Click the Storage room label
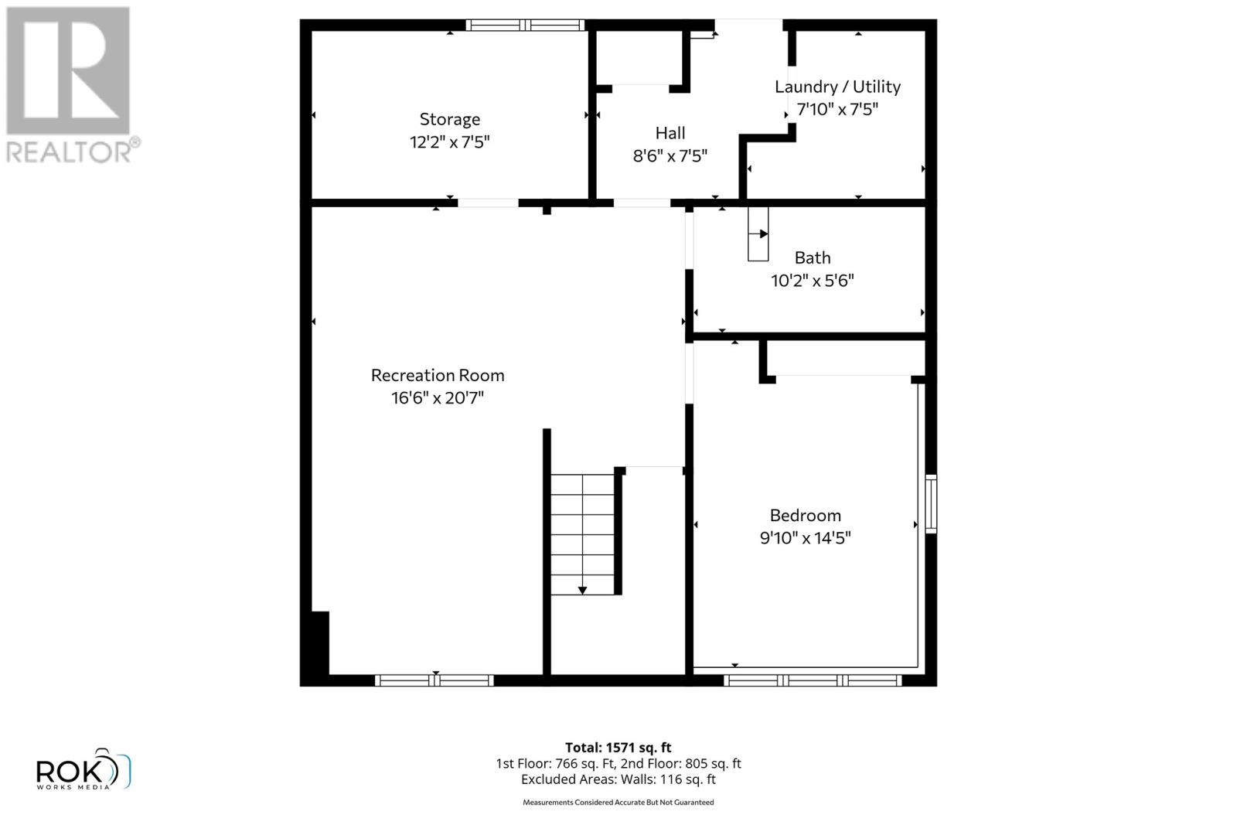[x=449, y=119]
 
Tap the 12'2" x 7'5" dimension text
[x=449, y=142]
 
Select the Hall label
[x=670, y=133]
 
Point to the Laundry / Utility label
[x=837, y=87]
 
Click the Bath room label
[x=812, y=257]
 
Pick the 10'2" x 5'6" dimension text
[x=812, y=280]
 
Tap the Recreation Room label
[x=437, y=375]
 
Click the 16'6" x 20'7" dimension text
[x=437, y=398]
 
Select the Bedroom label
[x=805, y=515]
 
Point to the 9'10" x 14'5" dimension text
[x=805, y=537]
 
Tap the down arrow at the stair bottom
[x=582, y=589]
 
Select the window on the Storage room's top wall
[x=525, y=25]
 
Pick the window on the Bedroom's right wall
[x=931, y=503]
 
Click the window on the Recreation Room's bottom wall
[x=434, y=680]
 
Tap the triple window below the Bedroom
[x=812, y=680]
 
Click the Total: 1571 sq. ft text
[x=618, y=748]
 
